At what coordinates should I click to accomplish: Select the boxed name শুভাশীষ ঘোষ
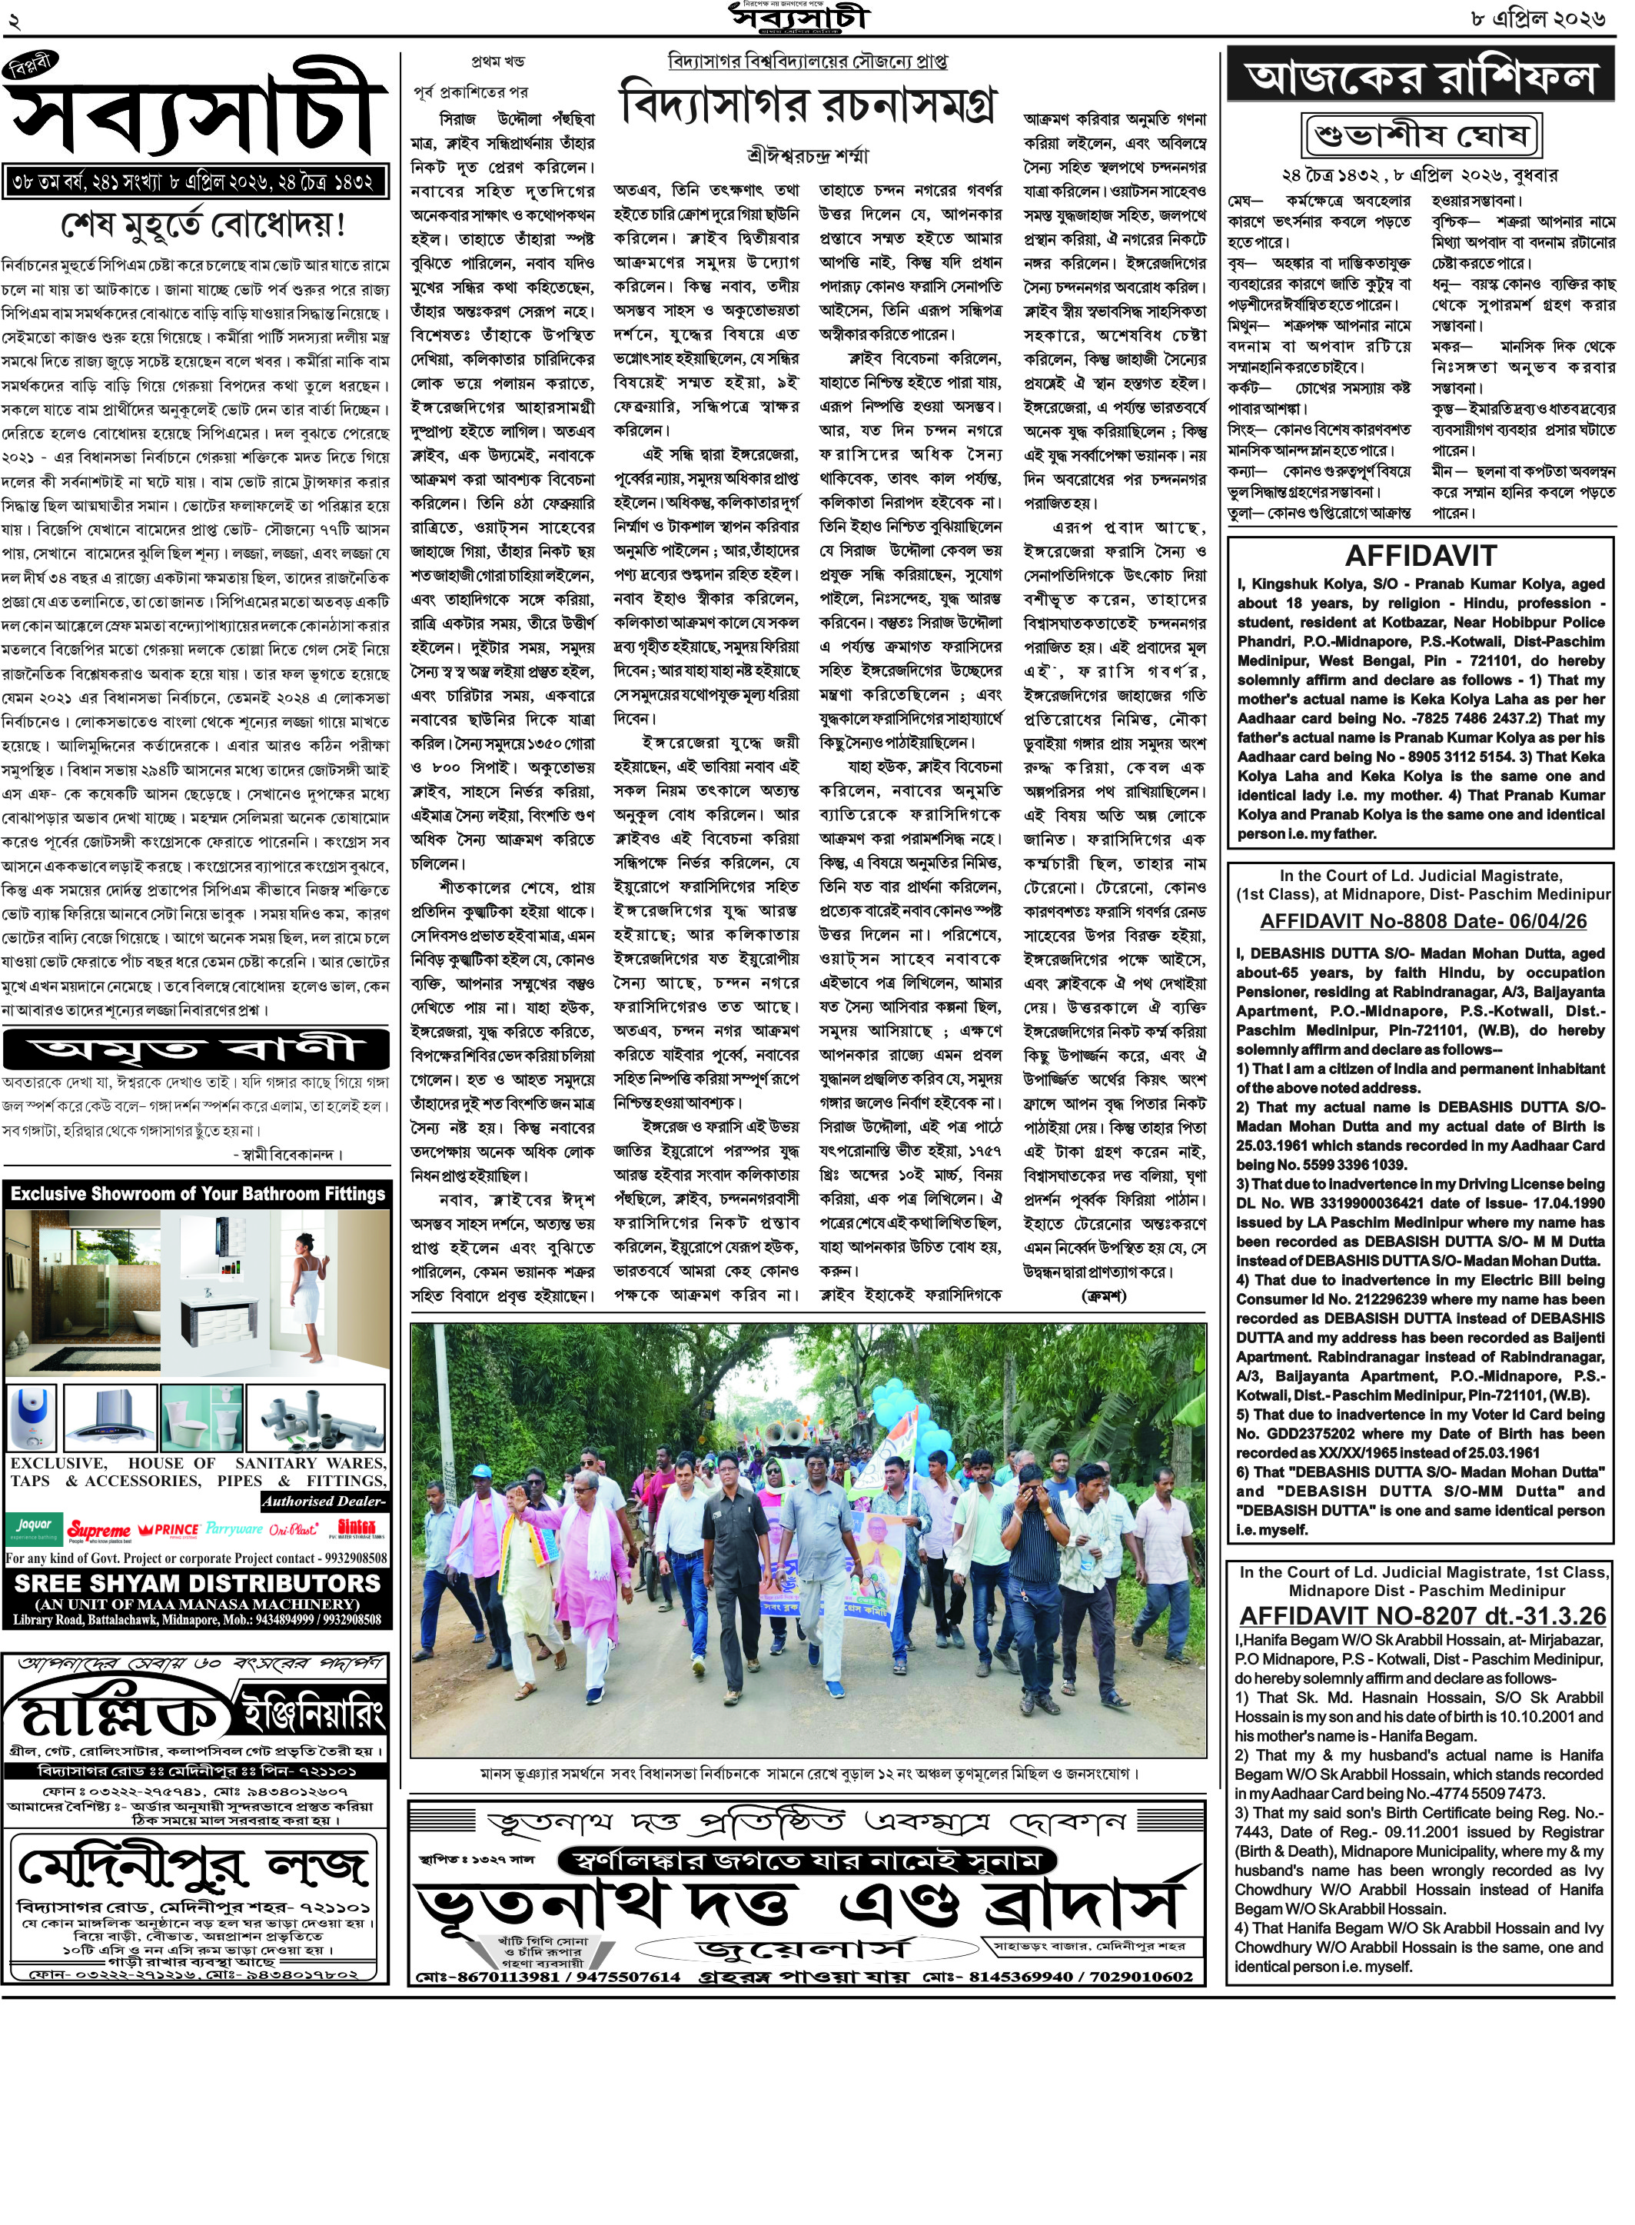click(1421, 135)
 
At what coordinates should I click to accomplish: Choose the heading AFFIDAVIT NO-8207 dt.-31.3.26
click(1422, 1615)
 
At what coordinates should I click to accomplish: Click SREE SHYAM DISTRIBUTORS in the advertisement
click(196, 1582)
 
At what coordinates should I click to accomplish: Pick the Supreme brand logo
click(99, 1530)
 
